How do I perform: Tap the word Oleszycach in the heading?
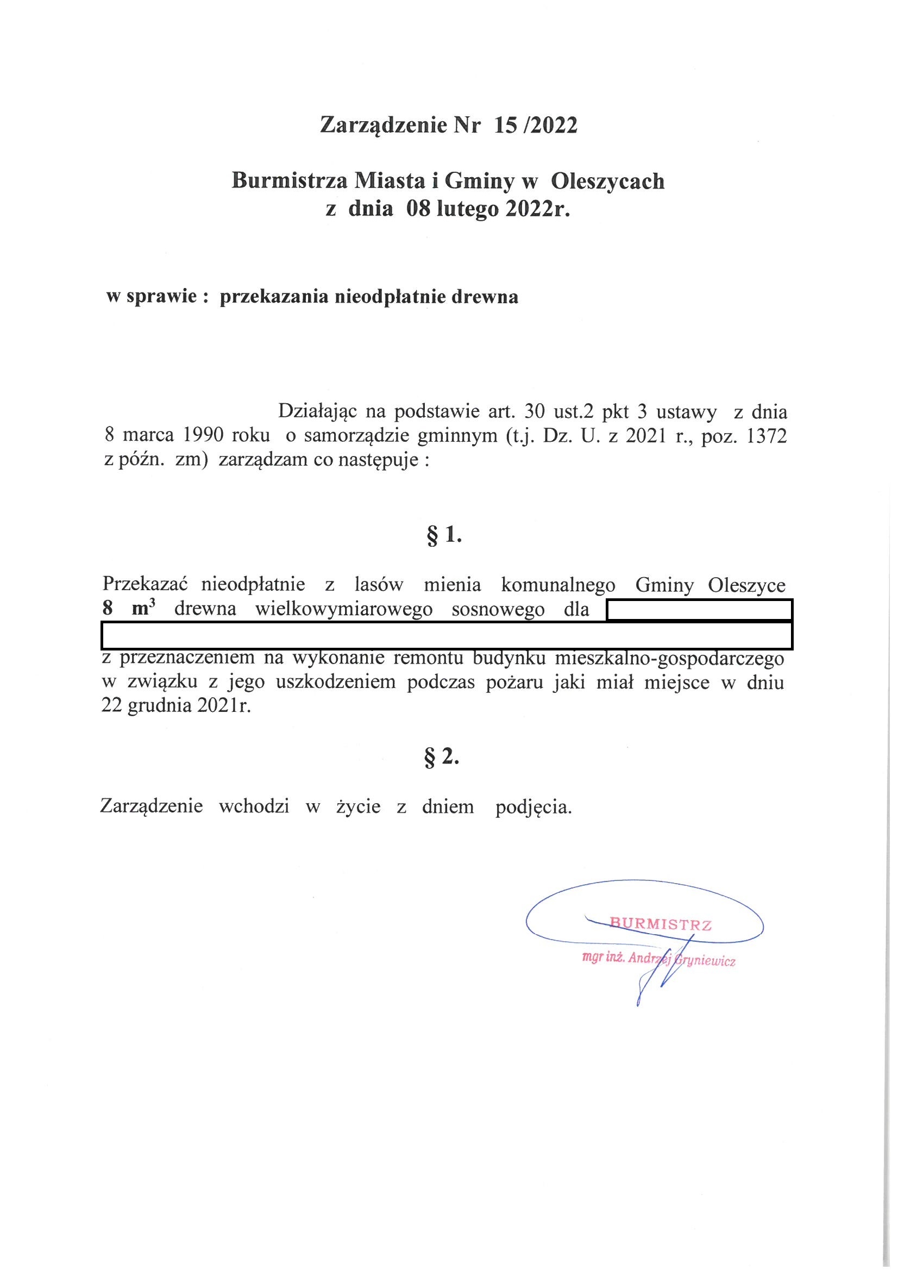[608, 181]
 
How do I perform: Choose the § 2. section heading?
[442, 757]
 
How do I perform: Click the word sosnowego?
[498, 609]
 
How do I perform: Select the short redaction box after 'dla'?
[700, 610]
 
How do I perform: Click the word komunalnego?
[558, 585]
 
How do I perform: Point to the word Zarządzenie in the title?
[383, 126]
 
